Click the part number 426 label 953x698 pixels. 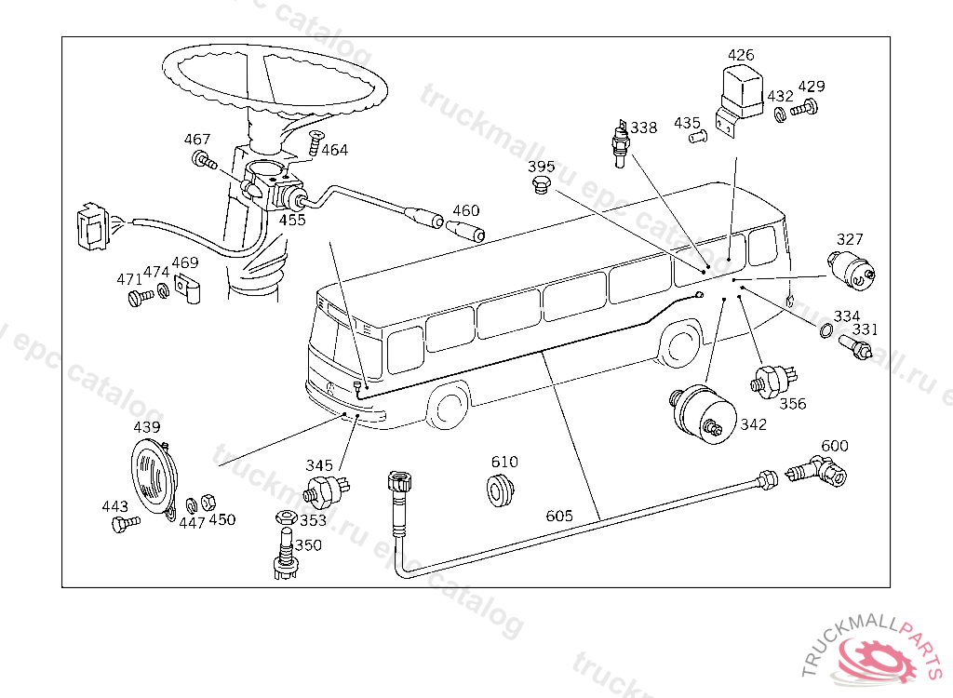click(x=741, y=56)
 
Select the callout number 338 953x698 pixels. click(x=643, y=128)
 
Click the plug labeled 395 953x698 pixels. click(x=541, y=189)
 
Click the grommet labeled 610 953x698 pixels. click(x=501, y=490)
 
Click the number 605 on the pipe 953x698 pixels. click(x=559, y=516)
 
